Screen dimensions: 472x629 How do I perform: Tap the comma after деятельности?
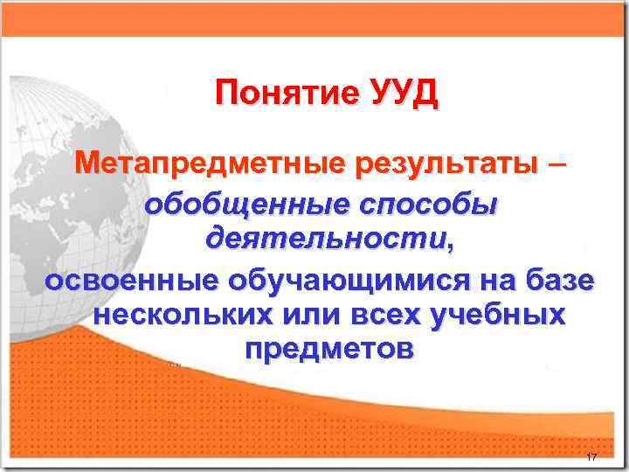coord(451,245)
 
